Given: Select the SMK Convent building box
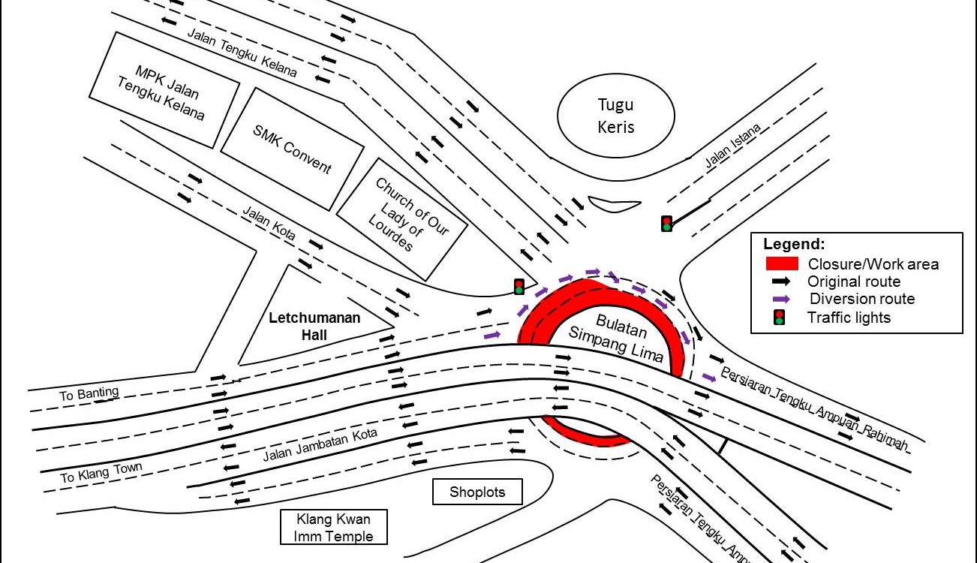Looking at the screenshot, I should coord(292,149).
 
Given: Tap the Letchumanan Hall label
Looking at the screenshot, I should coord(314,327).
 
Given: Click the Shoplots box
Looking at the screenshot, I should coord(477,492).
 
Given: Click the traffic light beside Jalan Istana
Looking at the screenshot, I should coord(666,223).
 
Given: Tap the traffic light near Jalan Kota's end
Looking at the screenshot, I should coord(519,286).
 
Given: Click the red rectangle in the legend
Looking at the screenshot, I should coord(781,263).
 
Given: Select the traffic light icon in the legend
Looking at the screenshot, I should coord(780,317).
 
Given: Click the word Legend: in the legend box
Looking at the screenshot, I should coord(794,244).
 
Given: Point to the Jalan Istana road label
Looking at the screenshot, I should coord(733,145).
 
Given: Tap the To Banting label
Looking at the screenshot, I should coord(89,393).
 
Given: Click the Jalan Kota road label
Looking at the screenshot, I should coord(269,223).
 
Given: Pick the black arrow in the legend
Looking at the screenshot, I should coord(781,281).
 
